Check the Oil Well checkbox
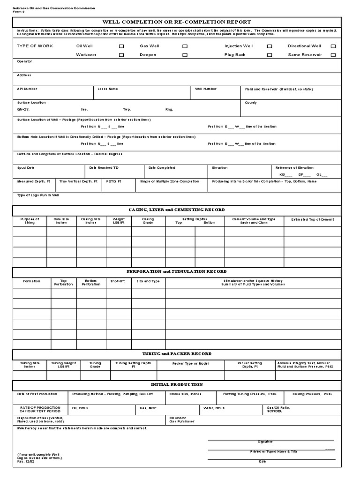(x=121, y=46)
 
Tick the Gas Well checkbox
(x=185, y=46)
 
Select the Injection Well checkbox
(x=270, y=46)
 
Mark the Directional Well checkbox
(x=333, y=46)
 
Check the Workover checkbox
(x=121, y=55)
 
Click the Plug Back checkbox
(x=270, y=55)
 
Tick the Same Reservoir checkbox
(x=333, y=55)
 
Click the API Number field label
(x=27, y=89)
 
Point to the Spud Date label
(x=25, y=167)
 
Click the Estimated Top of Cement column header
(x=313, y=219)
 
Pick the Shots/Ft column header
(x=117, y=281)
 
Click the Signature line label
(x=265, y=442)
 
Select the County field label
(x=251, y=102)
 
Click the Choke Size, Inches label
(x=186, y=394)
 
